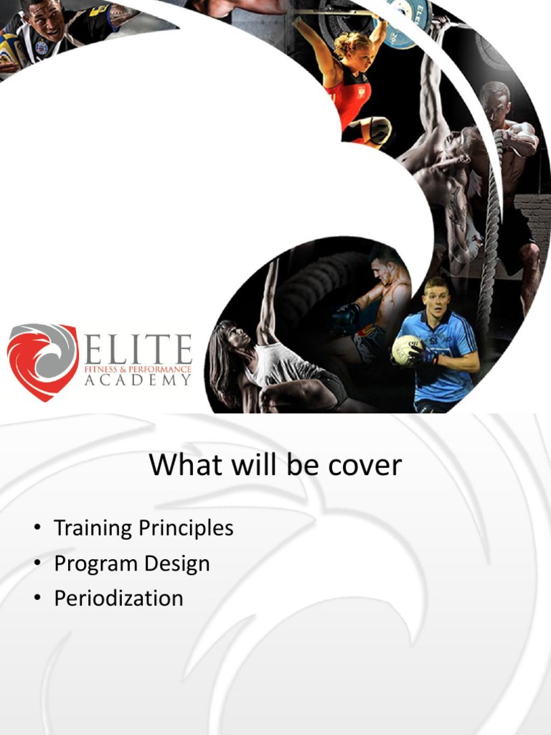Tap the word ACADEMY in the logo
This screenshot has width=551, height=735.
138,380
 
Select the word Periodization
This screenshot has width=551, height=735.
118,598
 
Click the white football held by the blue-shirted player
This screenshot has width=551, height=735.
405,350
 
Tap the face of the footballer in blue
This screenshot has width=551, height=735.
435,301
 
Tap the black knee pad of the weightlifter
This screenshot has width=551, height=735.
378,129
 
